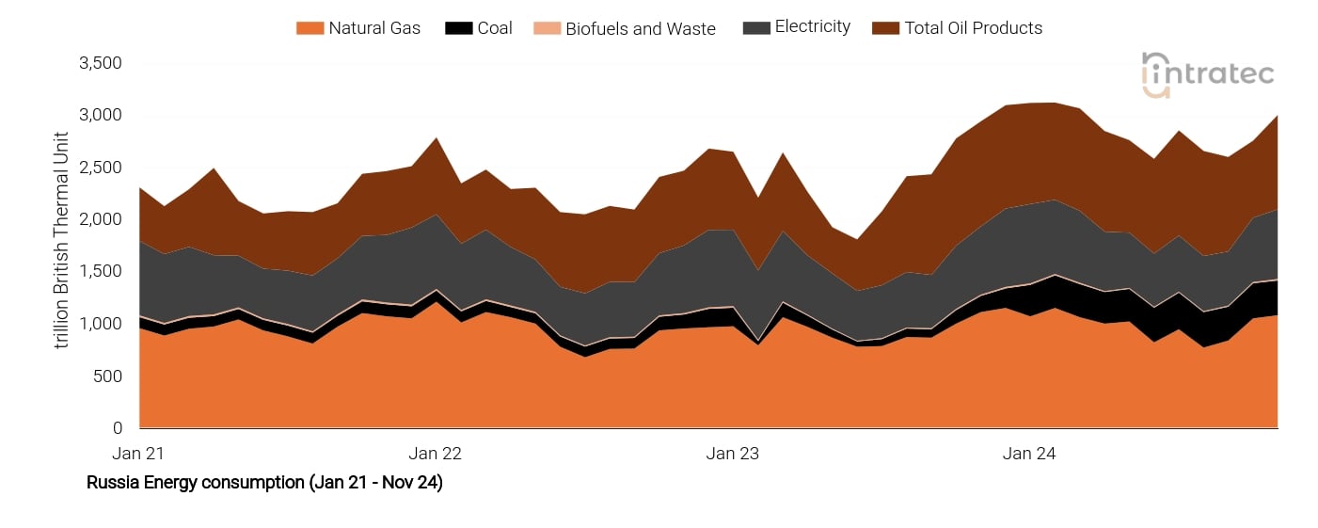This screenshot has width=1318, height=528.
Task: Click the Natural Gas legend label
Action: pos(373,28)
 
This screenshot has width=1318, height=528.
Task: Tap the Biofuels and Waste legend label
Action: pos(640,28)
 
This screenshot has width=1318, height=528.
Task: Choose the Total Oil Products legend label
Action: pos(973,28)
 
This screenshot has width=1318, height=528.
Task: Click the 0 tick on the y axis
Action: pos(117,428)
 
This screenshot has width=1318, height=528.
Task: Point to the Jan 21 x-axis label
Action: pos(138,454)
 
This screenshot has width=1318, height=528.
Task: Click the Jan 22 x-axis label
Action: pos(436,454)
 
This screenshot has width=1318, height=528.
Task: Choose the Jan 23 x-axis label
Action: pos(733,454)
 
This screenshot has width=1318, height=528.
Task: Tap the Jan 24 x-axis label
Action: pos(1029,454)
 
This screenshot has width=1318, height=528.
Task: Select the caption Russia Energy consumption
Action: pos(264,483)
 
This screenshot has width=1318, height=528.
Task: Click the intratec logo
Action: pos(1208,74)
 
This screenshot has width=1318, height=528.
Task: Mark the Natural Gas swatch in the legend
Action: pos(310,28)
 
